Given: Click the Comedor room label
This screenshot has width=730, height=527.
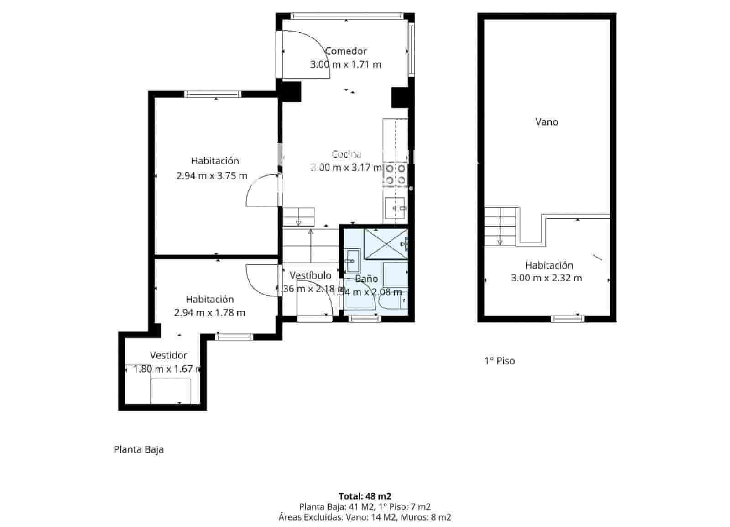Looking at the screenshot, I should [x=346, y=51].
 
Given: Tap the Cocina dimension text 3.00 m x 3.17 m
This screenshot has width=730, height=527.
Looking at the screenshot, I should [x=346, y=168].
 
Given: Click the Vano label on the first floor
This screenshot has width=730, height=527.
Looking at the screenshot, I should [x=547, y=122].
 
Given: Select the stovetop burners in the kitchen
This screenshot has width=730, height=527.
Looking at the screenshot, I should [x=395, y=174].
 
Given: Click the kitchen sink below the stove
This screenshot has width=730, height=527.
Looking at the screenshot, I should [x=395, y=209].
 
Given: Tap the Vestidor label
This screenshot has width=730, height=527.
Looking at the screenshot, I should [x=168, y=355].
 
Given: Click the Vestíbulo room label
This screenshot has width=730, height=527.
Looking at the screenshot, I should [x=310, y=275].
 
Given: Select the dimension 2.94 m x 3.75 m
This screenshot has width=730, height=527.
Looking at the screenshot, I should [x=212, y=175].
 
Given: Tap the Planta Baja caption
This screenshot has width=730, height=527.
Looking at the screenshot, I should [x=139, y=449].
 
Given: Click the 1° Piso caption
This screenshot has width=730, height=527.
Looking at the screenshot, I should [x=500, y=361].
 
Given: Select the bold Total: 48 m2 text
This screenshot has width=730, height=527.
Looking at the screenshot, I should [x=365, y=496].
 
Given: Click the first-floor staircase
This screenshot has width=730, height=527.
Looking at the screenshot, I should [x=501, y=226].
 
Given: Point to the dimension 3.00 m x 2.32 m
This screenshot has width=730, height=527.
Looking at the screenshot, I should [x=547, y=278].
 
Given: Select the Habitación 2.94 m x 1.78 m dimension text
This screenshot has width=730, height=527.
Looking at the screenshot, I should [x=209, y=313].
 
